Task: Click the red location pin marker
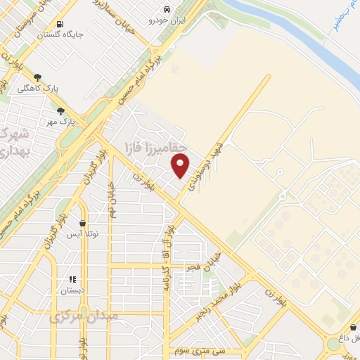(x=181, y=166)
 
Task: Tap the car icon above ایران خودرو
(x=167, y=9)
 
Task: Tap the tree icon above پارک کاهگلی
(x=37, y=77)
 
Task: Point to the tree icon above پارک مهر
(x=61, y=110)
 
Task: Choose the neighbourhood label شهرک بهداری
(x=13, y=141)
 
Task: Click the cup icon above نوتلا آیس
(x=83, y=223)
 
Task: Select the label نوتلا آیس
(x=82, y=233)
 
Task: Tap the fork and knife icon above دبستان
(x=72, y=279)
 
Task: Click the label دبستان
(x=72, y=290)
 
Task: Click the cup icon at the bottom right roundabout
(x=352, y=328)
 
